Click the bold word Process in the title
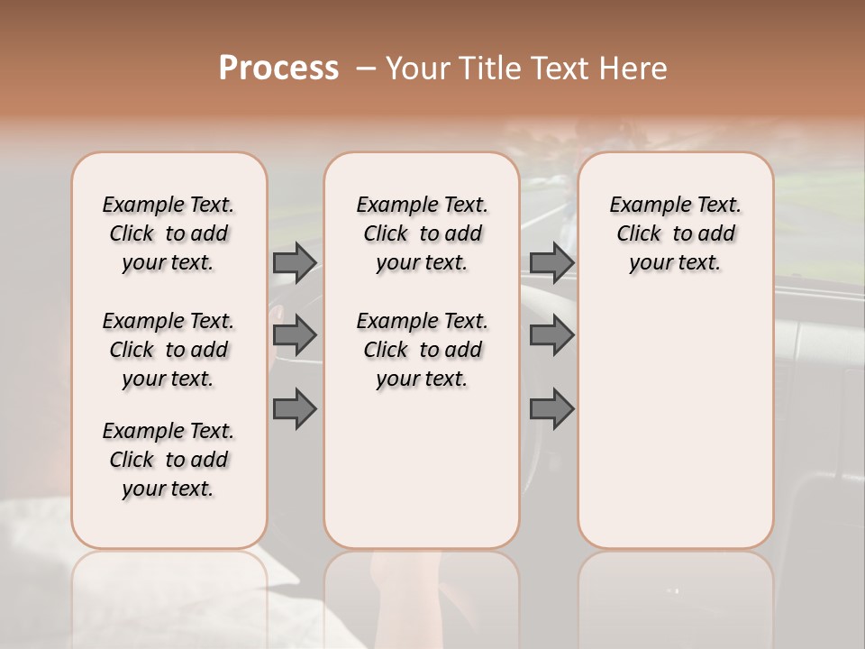[278, 69]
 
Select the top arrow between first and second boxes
[295, 262]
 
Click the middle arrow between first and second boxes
[295, 335]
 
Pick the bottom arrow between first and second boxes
[295, 408]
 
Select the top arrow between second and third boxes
[551, 262]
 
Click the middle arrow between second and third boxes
[551, 335]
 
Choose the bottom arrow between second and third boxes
[551, 408]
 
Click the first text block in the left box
[168, 233]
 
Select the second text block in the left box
[168, 350]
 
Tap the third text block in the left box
[168, 460]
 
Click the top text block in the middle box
[422, 233]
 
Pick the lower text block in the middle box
[422, 350]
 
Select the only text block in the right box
[675, 233]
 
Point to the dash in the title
[365, 69]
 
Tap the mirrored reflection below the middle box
[422, 595]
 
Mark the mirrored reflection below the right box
[675, 595]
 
